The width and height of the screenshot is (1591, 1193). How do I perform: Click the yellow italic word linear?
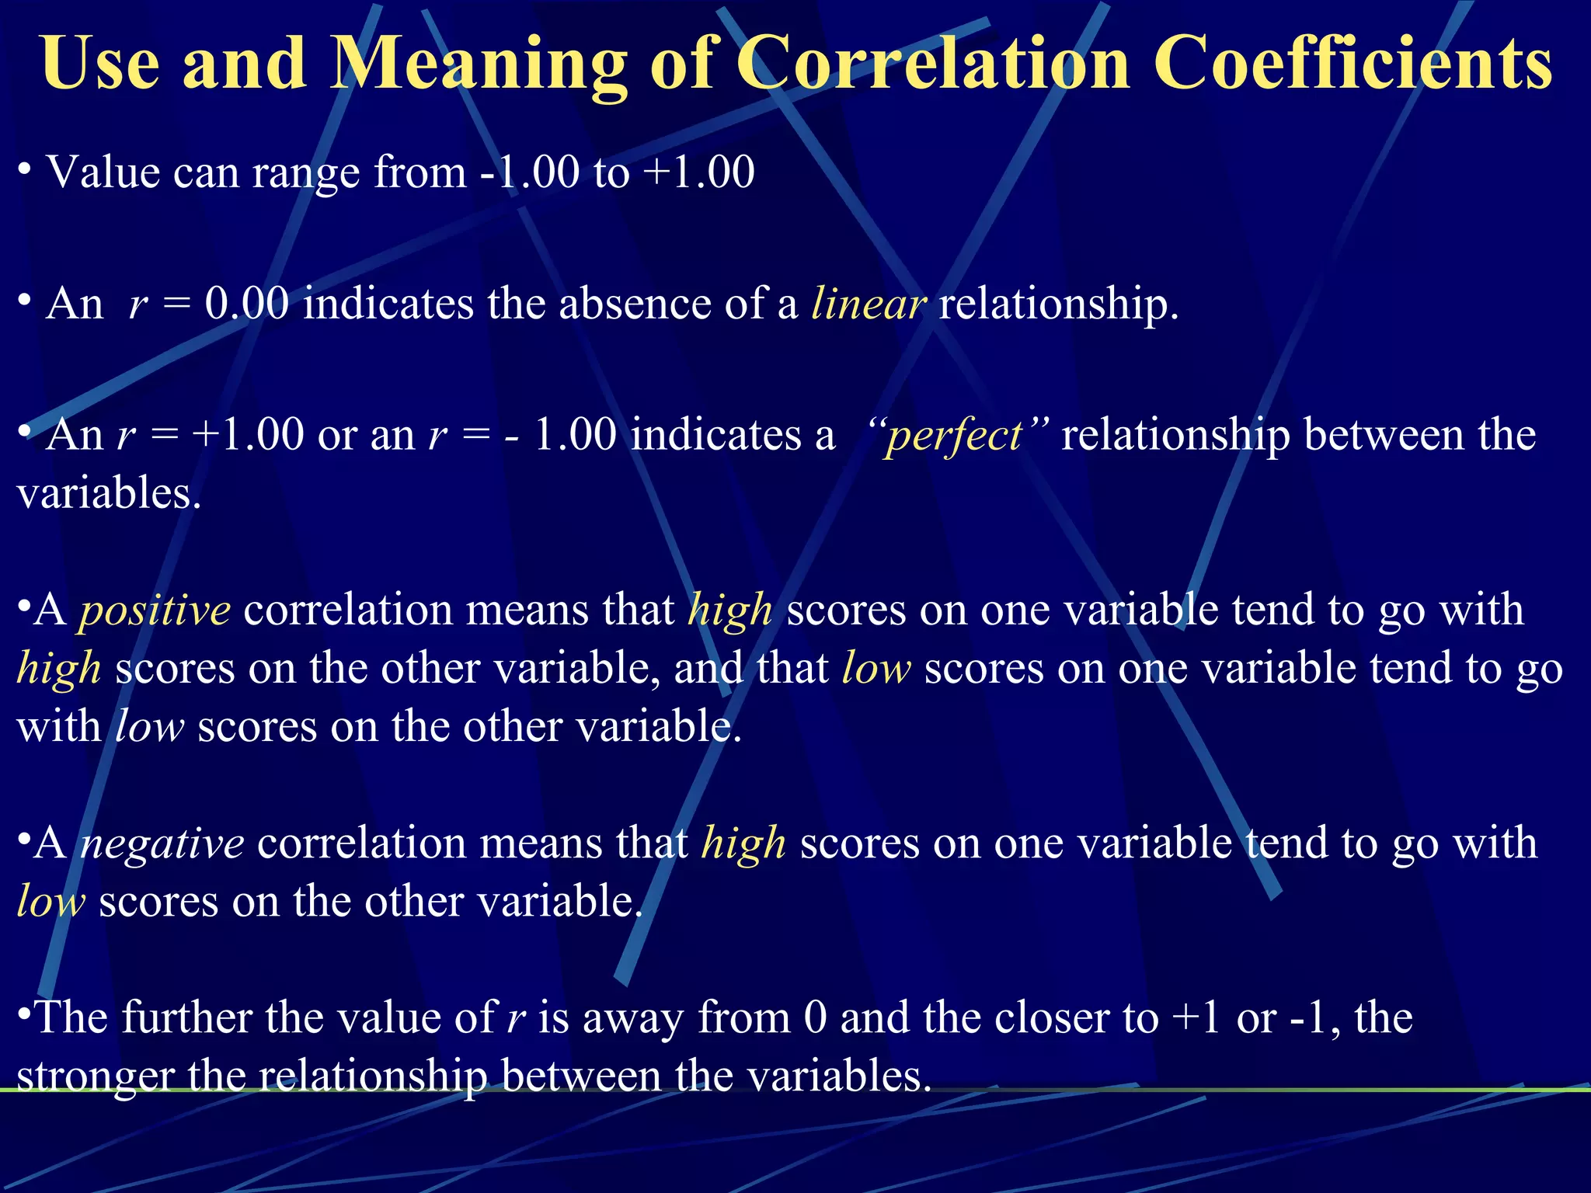tap(868, 303)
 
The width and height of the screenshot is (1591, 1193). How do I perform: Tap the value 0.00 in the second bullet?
tap(247, 303)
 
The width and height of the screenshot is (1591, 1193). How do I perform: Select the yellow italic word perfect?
tap(954, 435)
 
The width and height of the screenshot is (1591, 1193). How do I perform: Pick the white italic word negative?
tap(162, 843)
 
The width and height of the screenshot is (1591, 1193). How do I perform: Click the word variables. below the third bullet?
tap(109, 493)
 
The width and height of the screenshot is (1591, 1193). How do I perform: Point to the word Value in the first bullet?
tap(103, 172)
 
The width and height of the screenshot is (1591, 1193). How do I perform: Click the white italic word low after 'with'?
tap(149, 727)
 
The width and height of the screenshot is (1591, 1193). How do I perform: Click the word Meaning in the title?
tap(479, 64)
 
